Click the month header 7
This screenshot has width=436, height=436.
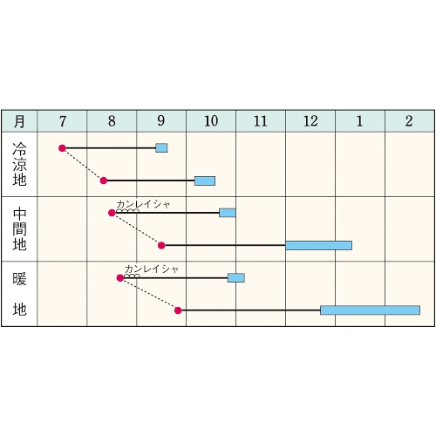click(63, 121)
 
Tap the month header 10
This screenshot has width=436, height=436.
click(211, 121)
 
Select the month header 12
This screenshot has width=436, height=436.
click(310, 121)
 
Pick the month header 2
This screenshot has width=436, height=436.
click(409, 121)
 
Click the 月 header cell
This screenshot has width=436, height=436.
click(19, 121)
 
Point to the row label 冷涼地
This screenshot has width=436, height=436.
click(19, 164)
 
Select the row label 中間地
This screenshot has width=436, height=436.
click(19, 229)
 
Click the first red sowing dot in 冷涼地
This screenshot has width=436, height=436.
click(62, 148)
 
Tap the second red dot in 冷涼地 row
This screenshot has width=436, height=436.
click(104, 181)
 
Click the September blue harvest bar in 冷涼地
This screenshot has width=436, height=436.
click(161, 148)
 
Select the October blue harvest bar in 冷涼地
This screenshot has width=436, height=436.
click(205, 181)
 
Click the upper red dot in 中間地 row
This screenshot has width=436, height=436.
click(112, 213)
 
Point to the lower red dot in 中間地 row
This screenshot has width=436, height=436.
click(161, 246)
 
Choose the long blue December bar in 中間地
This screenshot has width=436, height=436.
click(319, 245)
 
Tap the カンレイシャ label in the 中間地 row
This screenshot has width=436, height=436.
click(143, 205)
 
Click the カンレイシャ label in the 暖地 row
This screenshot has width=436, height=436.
click(152, 269)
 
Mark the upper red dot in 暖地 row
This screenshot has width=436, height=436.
click(120, 278)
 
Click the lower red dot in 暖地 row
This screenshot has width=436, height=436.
click(178, 310)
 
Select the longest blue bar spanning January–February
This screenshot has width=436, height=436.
click(371, 310)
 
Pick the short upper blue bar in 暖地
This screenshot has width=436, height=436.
click(236, 278)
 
